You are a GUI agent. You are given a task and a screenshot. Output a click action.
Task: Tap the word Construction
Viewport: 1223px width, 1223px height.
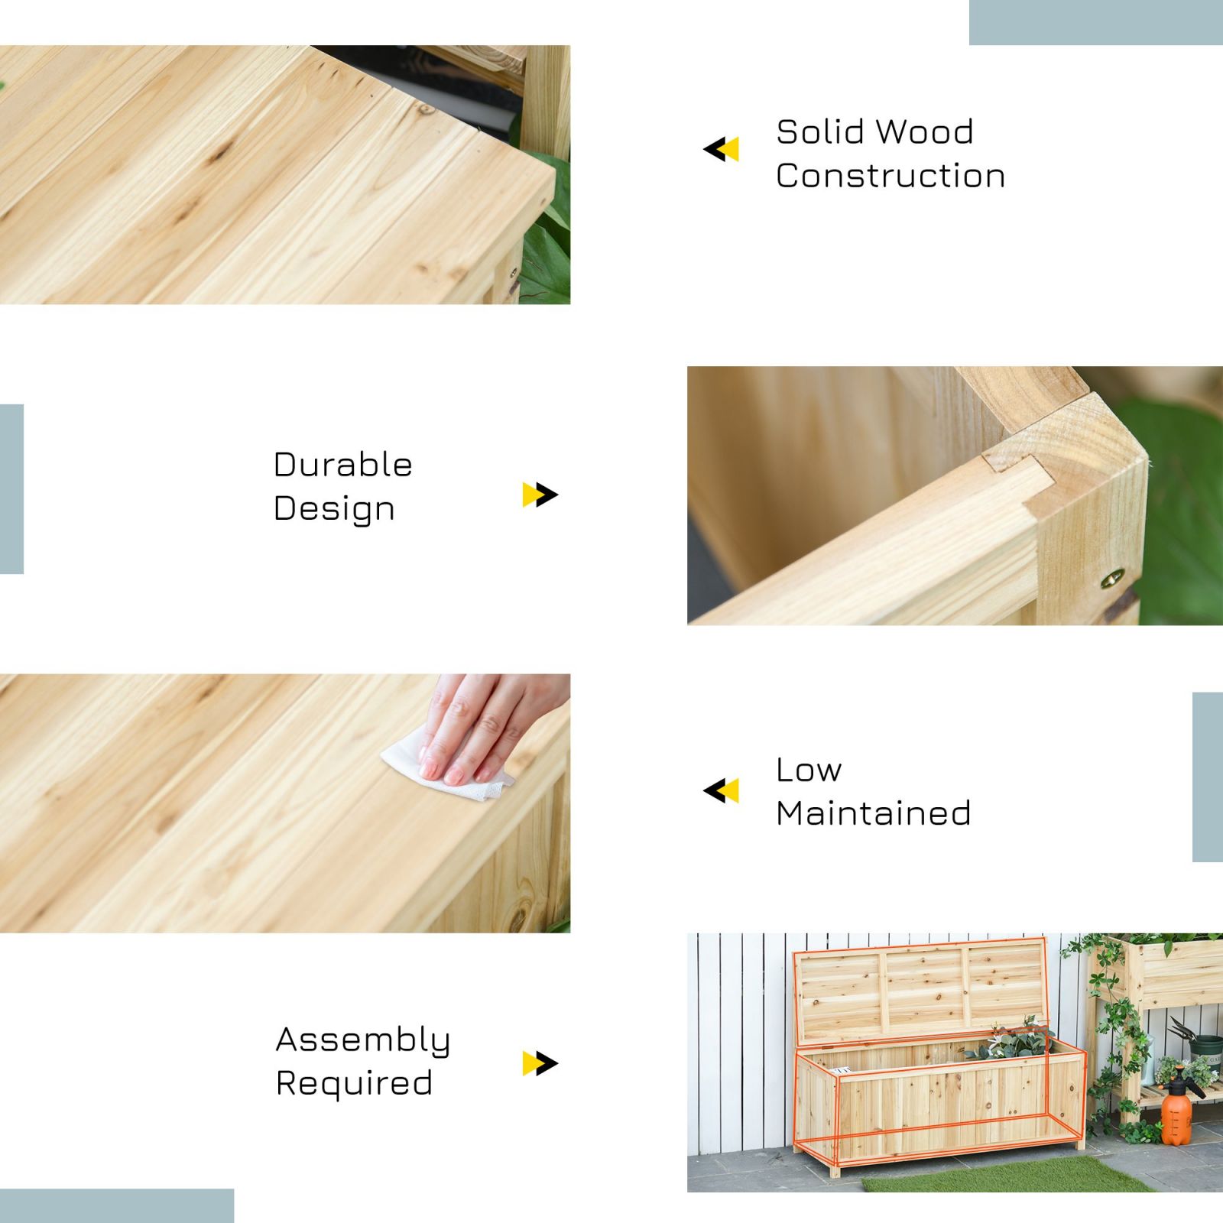coord(890,176)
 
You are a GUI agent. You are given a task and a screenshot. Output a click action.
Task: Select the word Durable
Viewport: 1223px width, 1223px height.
coord(343,465)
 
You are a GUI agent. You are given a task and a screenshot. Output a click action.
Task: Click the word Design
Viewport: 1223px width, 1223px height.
coord(334,509)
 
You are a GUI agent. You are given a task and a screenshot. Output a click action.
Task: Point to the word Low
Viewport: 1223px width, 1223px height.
coord(809,770)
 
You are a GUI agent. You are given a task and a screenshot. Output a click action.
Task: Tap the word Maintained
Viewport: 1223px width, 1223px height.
coord(874,813)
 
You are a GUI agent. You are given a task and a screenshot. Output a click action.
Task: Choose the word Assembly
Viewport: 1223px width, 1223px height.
coord(363,1040)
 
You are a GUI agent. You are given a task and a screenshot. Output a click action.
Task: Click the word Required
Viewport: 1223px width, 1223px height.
coord(355,1083)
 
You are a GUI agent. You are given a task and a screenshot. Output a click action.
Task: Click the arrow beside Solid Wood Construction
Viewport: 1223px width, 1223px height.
coord(721,149)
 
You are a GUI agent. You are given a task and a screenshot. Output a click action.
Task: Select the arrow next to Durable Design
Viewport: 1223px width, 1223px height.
coord(540,495)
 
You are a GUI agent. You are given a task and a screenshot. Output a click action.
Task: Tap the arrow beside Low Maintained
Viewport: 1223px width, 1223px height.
coord(721,791)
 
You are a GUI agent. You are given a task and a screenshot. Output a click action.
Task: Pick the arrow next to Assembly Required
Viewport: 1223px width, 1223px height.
coord(540,1063)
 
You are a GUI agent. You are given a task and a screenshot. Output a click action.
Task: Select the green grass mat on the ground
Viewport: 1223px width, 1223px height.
coord(1009,1175)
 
